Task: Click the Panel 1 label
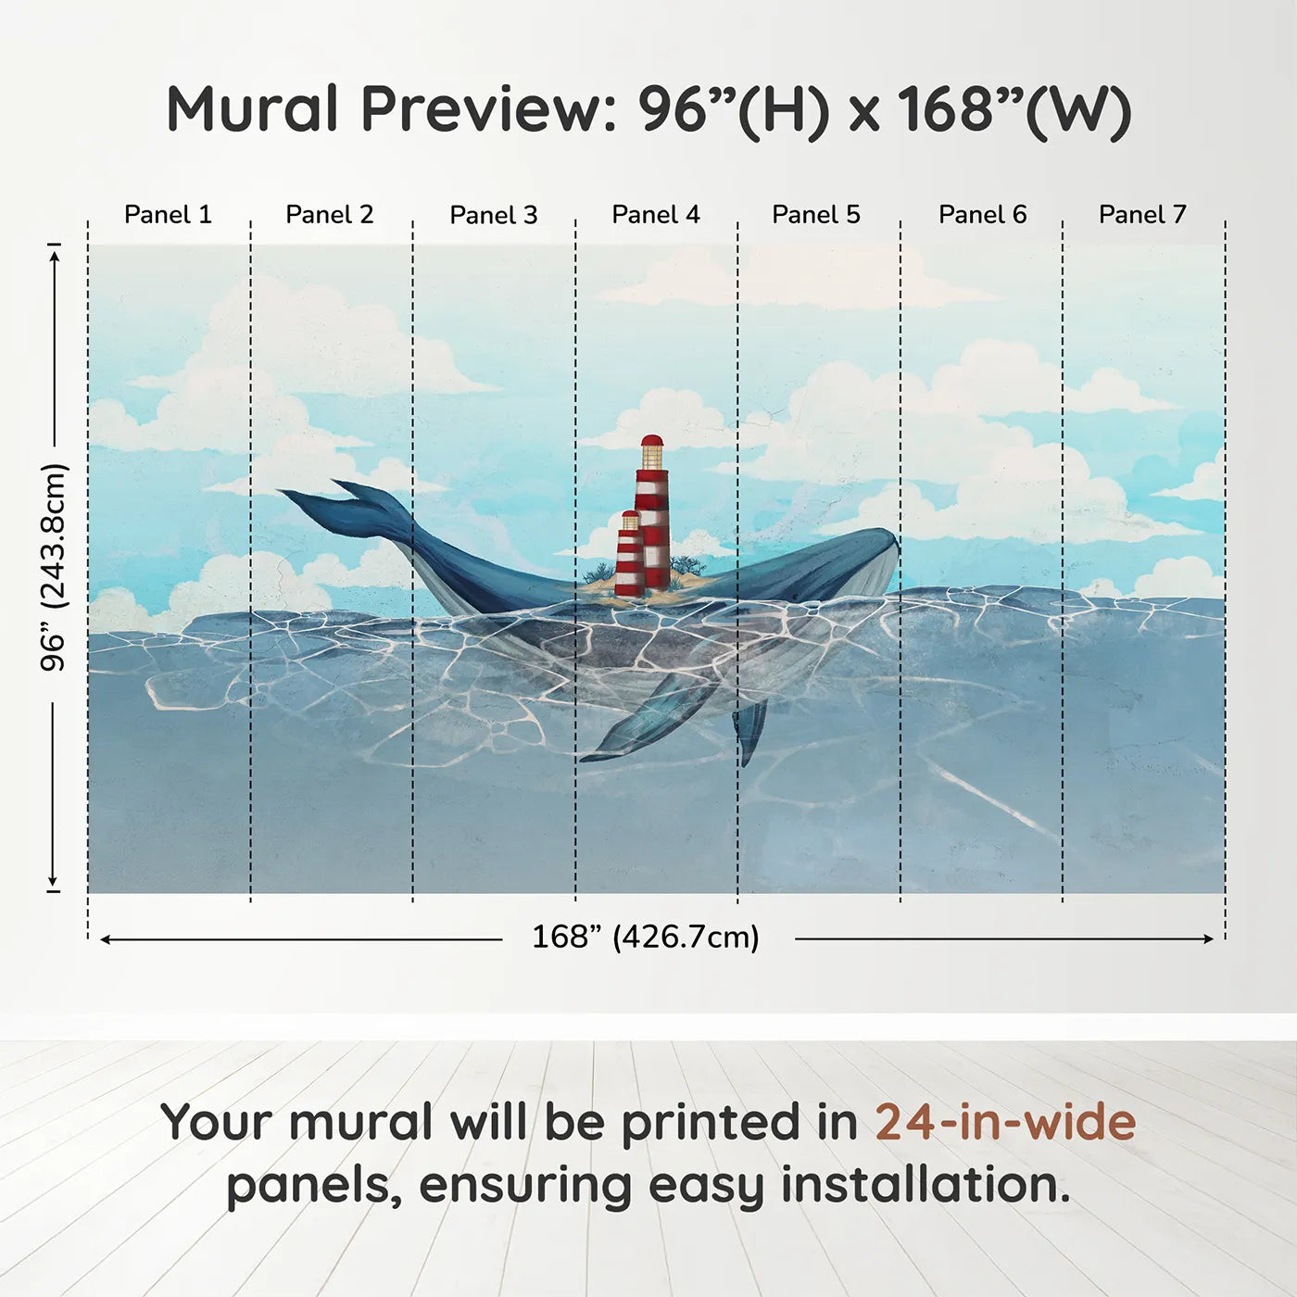(x=169, y=215)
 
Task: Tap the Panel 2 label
(x=330, y=215)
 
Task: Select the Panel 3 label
(x=494, y=215)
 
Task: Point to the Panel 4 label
(x=656, y=215)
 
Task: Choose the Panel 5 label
(x=816, y=215)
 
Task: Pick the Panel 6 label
(x=983, y=215)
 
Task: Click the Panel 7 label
(x=1142, y=215)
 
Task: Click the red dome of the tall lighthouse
(x=652, y=441)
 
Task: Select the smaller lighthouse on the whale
(x=630, y=553)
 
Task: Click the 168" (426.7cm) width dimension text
(x=646, y=938)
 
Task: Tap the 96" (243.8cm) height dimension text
(x=54, y=567)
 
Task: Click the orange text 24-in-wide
(x=1005, y=1122)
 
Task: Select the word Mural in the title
(x=252, y=109)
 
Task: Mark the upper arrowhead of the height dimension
(x=56, y=255)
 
